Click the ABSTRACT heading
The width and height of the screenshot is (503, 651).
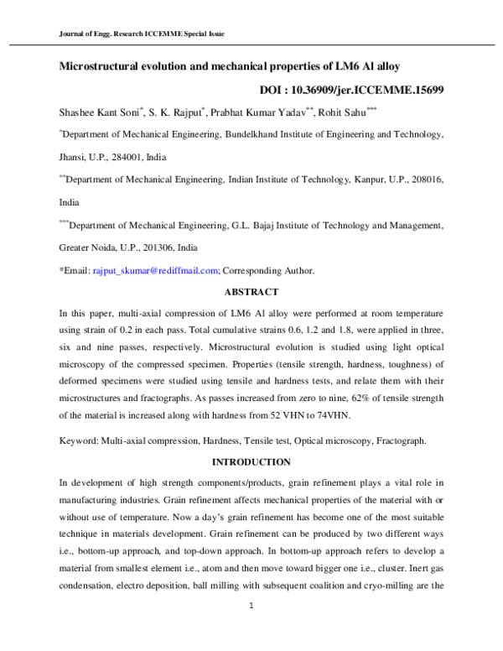[251, 292]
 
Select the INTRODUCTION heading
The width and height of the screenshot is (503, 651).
[251, 462]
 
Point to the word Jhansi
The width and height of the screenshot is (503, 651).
[74, 157]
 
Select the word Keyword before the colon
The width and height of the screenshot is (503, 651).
[79, 440]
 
